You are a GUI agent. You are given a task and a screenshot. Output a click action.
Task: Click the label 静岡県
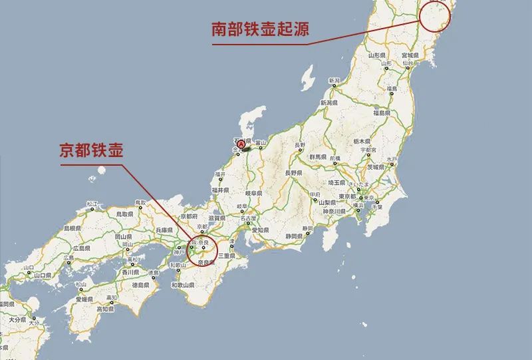pyautogui.click(x=294, y=236)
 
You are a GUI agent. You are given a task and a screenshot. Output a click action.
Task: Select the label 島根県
pyautogui.click(x=72, y=228)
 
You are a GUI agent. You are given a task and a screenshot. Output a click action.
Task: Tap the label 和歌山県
pyautogui.click(x=182, y=285)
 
